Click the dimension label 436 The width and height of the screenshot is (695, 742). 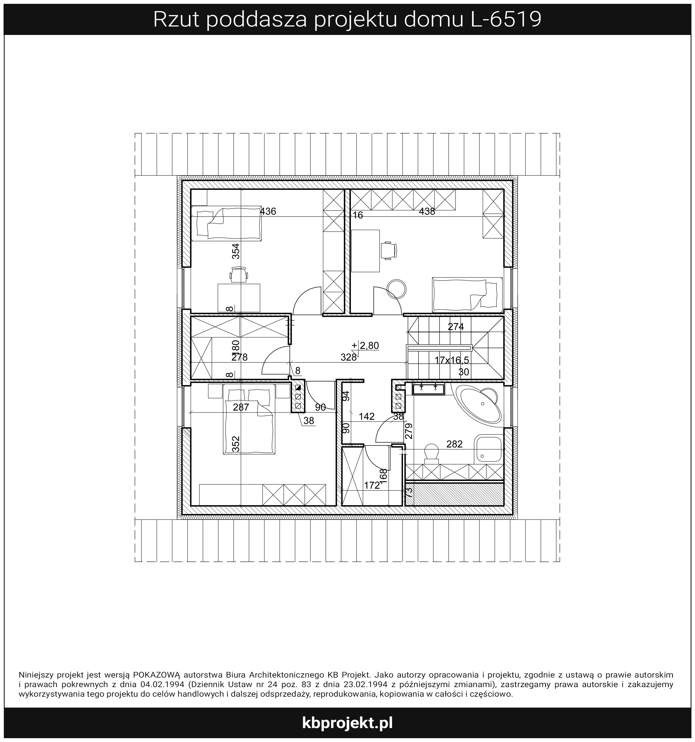point(268,212)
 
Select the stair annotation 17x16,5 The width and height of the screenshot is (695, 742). point(452,360)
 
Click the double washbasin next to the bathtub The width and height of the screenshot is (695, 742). point(428,389)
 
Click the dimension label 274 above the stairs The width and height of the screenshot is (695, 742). point(456,327)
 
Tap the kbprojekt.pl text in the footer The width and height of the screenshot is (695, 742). point(347,722)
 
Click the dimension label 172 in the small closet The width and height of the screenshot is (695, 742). point(372,485)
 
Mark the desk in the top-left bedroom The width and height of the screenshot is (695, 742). point(239,297)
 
